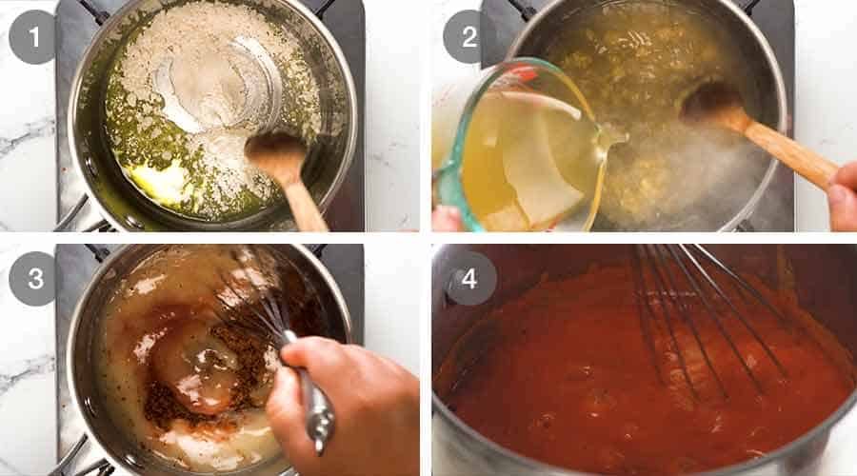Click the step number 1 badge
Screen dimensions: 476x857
coord(33,38)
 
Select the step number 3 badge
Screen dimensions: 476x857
coord(33,278)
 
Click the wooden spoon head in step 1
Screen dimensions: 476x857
coord(273,152)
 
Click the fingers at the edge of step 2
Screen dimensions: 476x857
coord(842,200)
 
